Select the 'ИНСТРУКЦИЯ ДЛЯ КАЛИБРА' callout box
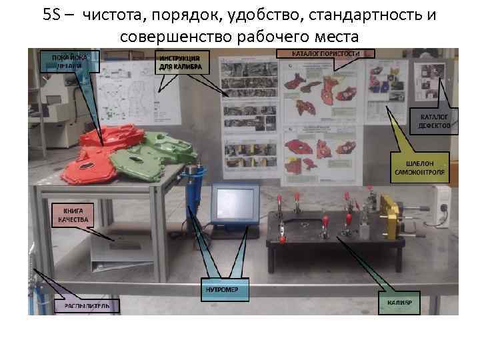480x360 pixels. (183, 63)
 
